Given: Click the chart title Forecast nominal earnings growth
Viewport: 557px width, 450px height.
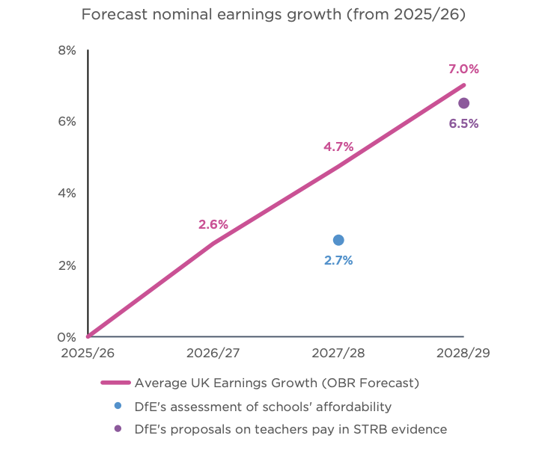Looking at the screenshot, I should coord(273,15).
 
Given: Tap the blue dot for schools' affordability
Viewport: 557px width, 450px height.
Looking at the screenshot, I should coord(338,240).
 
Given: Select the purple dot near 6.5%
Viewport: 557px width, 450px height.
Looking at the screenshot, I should coord(464,103).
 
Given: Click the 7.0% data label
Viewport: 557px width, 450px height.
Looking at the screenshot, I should coord(463,69).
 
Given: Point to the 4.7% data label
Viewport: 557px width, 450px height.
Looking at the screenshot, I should coord(338,147).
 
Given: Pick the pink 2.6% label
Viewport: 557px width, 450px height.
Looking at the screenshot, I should coord(213,224).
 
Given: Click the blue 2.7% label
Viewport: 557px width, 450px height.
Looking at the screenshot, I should coord(338,261).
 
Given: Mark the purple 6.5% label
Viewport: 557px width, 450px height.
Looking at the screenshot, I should coord(463,124).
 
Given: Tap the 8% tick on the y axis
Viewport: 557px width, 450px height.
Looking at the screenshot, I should coord(67,50).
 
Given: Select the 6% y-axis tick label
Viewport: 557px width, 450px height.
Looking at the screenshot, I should coord(67,122).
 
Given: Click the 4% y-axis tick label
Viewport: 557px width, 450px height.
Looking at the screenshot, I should coord(67,193).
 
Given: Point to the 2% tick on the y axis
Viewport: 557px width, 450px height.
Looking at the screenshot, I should coord(67,265).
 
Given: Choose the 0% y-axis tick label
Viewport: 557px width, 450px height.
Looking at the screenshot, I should coord(67,337).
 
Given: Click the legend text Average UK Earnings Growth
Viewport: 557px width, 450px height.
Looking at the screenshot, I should coord(276,383).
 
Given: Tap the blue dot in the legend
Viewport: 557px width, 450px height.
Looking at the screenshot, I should coord(118,406).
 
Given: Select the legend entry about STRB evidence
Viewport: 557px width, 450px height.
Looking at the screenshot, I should coord(290,429).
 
